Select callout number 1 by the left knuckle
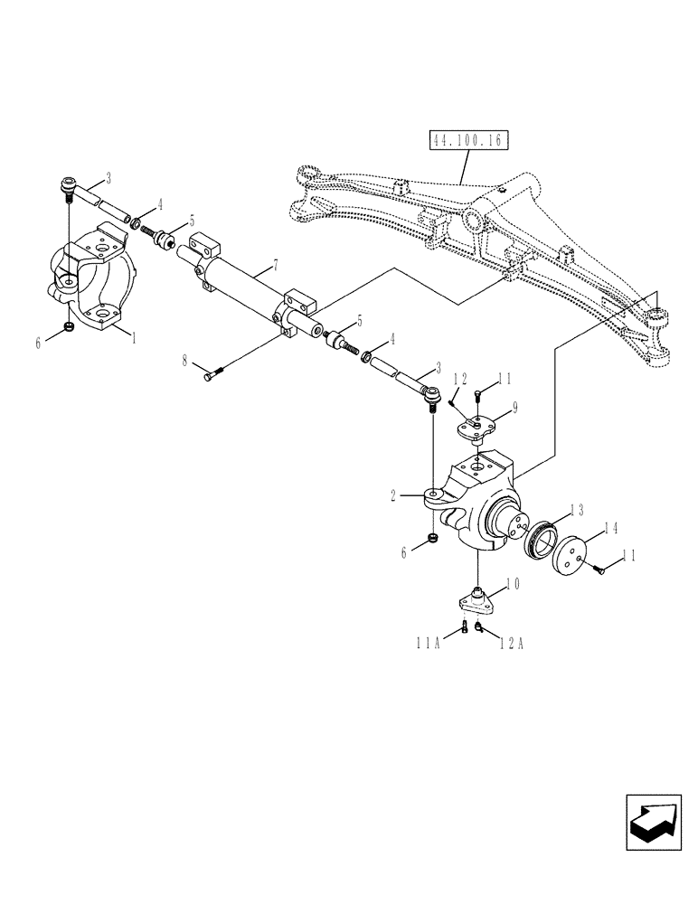click(133, 336)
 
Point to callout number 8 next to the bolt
click(184, 362)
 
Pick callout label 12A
click(512, 643)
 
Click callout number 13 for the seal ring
click(576, 510)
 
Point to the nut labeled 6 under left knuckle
click(70, 327)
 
